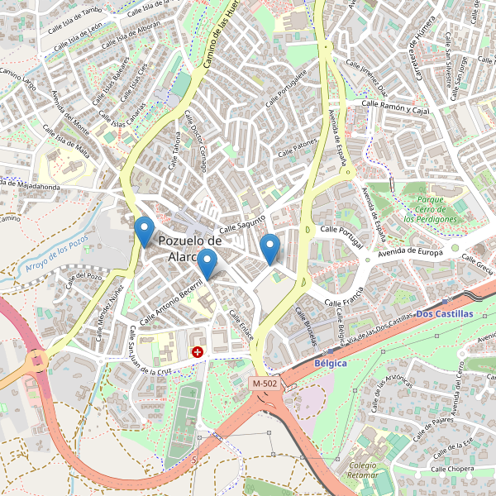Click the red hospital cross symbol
198,352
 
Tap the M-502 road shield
265,384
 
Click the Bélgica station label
331,363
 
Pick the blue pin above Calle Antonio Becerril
207,263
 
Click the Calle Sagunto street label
241,223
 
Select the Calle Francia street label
345,294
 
